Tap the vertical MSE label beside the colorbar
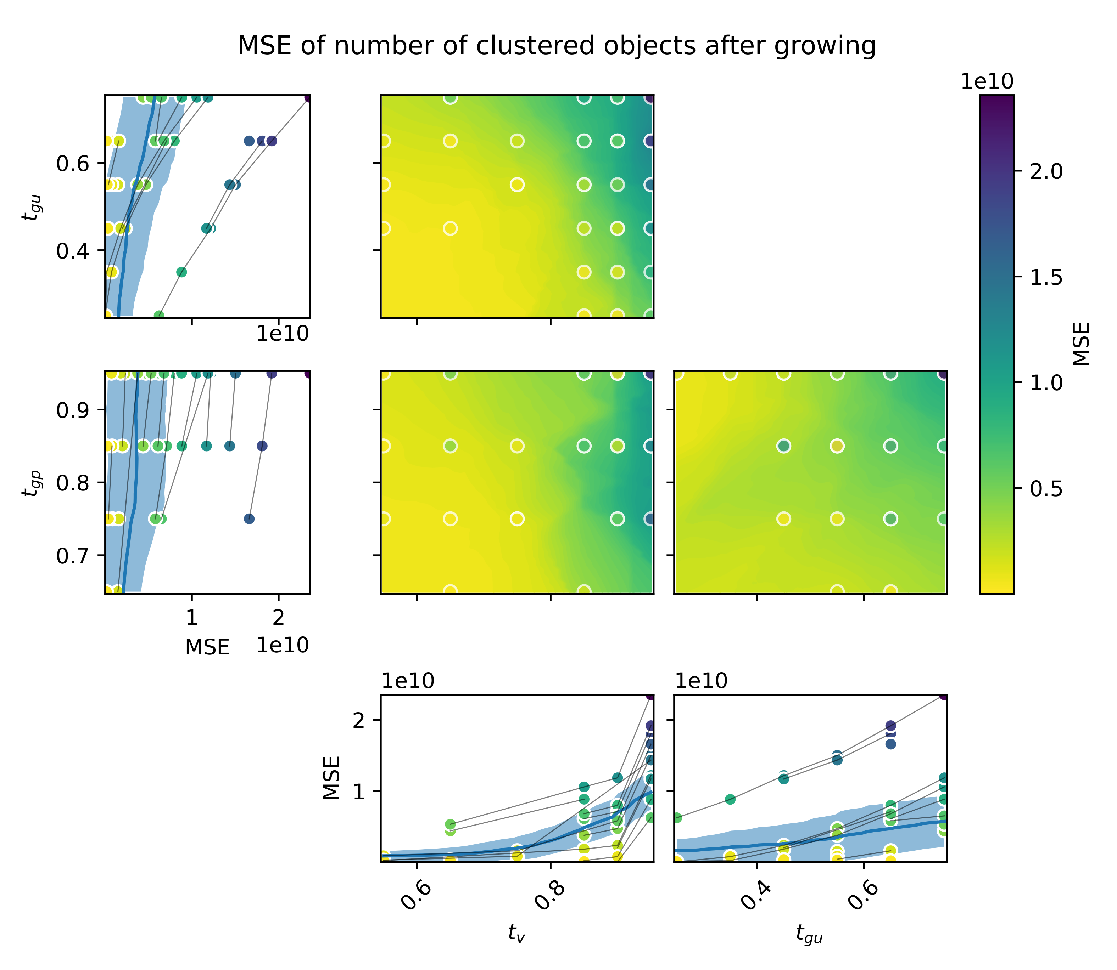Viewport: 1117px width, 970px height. click(x=1081, y=344)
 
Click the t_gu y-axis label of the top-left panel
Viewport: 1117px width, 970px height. click(x=30, y=207)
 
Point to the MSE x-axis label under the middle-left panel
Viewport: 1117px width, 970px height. click(x=207, y=647)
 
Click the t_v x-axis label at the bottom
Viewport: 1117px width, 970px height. click(x=516, y=933)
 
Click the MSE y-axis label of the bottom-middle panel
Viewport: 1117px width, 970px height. click(x=331, y=778)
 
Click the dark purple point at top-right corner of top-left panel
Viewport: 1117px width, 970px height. click(x=308, y=97)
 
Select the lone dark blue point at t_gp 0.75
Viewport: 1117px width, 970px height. click(x=249, y=518)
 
